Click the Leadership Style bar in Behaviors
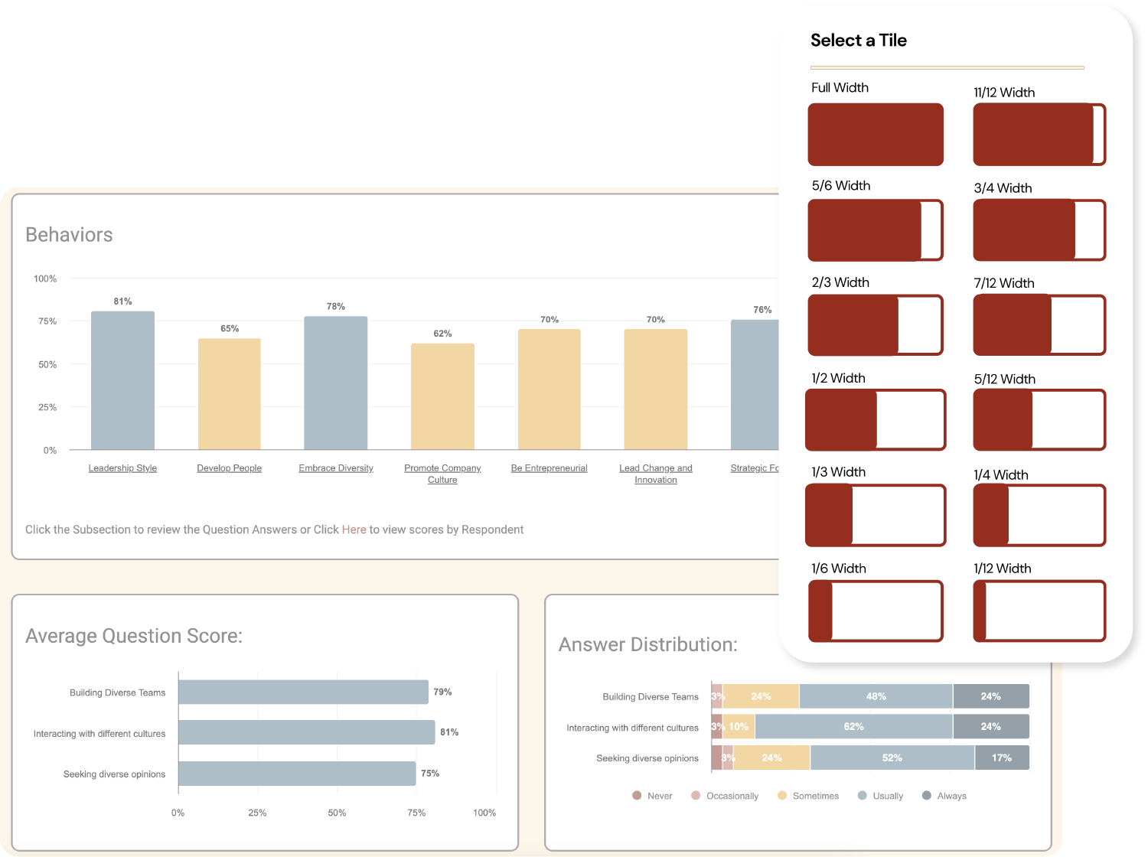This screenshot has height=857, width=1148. (x=122, y=380)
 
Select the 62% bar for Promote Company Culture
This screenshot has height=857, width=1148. (x=442, y=396)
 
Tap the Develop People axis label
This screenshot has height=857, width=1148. (x=229, y=468)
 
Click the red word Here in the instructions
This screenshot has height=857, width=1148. (x=354, y=530)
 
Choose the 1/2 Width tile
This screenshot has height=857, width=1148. (x=876, y=420)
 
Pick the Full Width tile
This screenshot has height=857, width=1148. (x=876, y=135)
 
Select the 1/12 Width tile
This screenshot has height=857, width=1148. (x=1039, y=611)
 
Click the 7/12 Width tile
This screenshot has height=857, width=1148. (x=1039, y=325)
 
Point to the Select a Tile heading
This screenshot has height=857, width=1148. (x=859, y=41)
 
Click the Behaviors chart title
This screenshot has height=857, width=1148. (x=69, y=235)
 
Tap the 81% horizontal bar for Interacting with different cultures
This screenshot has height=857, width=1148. (x=306, y=732)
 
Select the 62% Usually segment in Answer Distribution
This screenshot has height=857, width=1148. (x=853, y=727)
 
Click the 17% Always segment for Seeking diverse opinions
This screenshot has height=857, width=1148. (x=1001, y=758)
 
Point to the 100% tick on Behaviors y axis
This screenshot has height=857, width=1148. (x=45, y=279)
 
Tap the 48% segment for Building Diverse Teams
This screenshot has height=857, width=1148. (x=876, y=696)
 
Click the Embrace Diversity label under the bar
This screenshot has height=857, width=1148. (x=336, y=468)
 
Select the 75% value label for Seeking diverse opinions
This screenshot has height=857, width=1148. (x=430, y=774)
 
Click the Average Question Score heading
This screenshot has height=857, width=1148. (x=134, y=636)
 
